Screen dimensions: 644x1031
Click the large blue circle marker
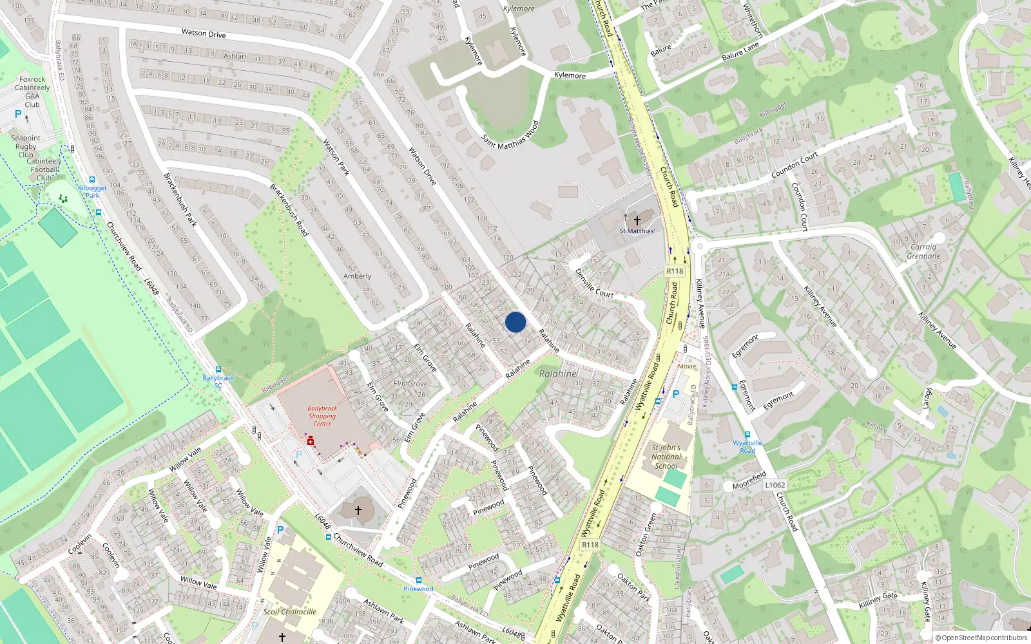point(515,322)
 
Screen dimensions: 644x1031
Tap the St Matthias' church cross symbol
point(637,221)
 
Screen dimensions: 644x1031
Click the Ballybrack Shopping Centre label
point(322,416)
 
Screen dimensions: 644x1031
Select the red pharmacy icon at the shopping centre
point(310,441)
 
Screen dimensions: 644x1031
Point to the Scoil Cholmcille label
point(289,612)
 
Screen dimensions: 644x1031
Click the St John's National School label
point(666,457)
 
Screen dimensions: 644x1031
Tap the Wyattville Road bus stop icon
point(747,435)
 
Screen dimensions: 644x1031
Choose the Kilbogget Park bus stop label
point(92,192)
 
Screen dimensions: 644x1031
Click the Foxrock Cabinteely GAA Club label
point(32,92)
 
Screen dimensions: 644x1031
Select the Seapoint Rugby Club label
point(26,146)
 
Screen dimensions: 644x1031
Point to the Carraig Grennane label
point(923,252)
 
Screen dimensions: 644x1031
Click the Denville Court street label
point(593,283)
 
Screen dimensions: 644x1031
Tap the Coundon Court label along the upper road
point(795,165)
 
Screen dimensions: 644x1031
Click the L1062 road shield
point(775,485)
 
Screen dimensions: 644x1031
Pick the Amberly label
point(357,276)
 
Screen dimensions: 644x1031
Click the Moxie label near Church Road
point(687,366)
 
